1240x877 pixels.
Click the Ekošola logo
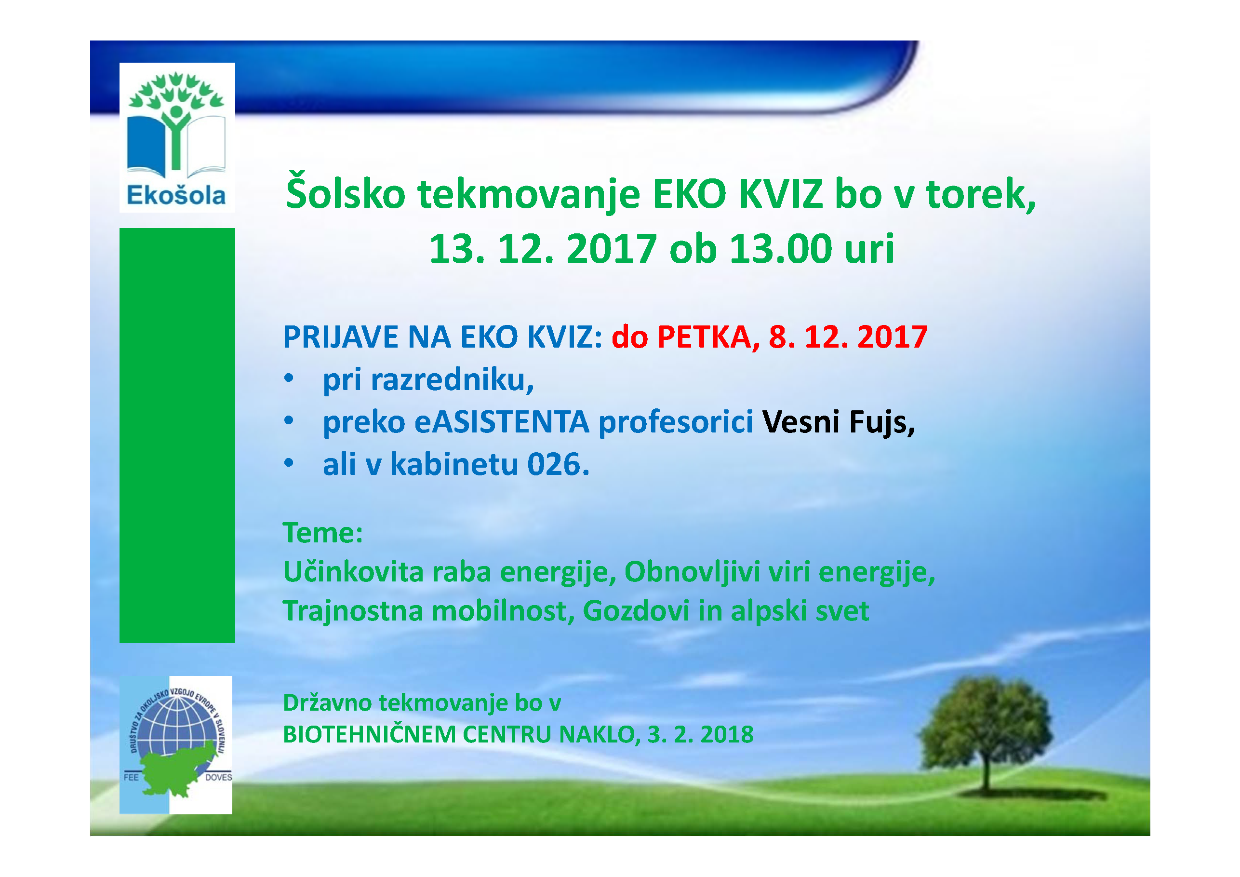point(177,137)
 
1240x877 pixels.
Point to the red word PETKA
point(704,337)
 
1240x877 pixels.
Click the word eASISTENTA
point(502,422)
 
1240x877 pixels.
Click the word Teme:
point(323,533)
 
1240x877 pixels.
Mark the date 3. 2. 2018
point(700,735)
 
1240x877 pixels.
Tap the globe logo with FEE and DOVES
point(176,745)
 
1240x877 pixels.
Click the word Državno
point(327,703)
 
